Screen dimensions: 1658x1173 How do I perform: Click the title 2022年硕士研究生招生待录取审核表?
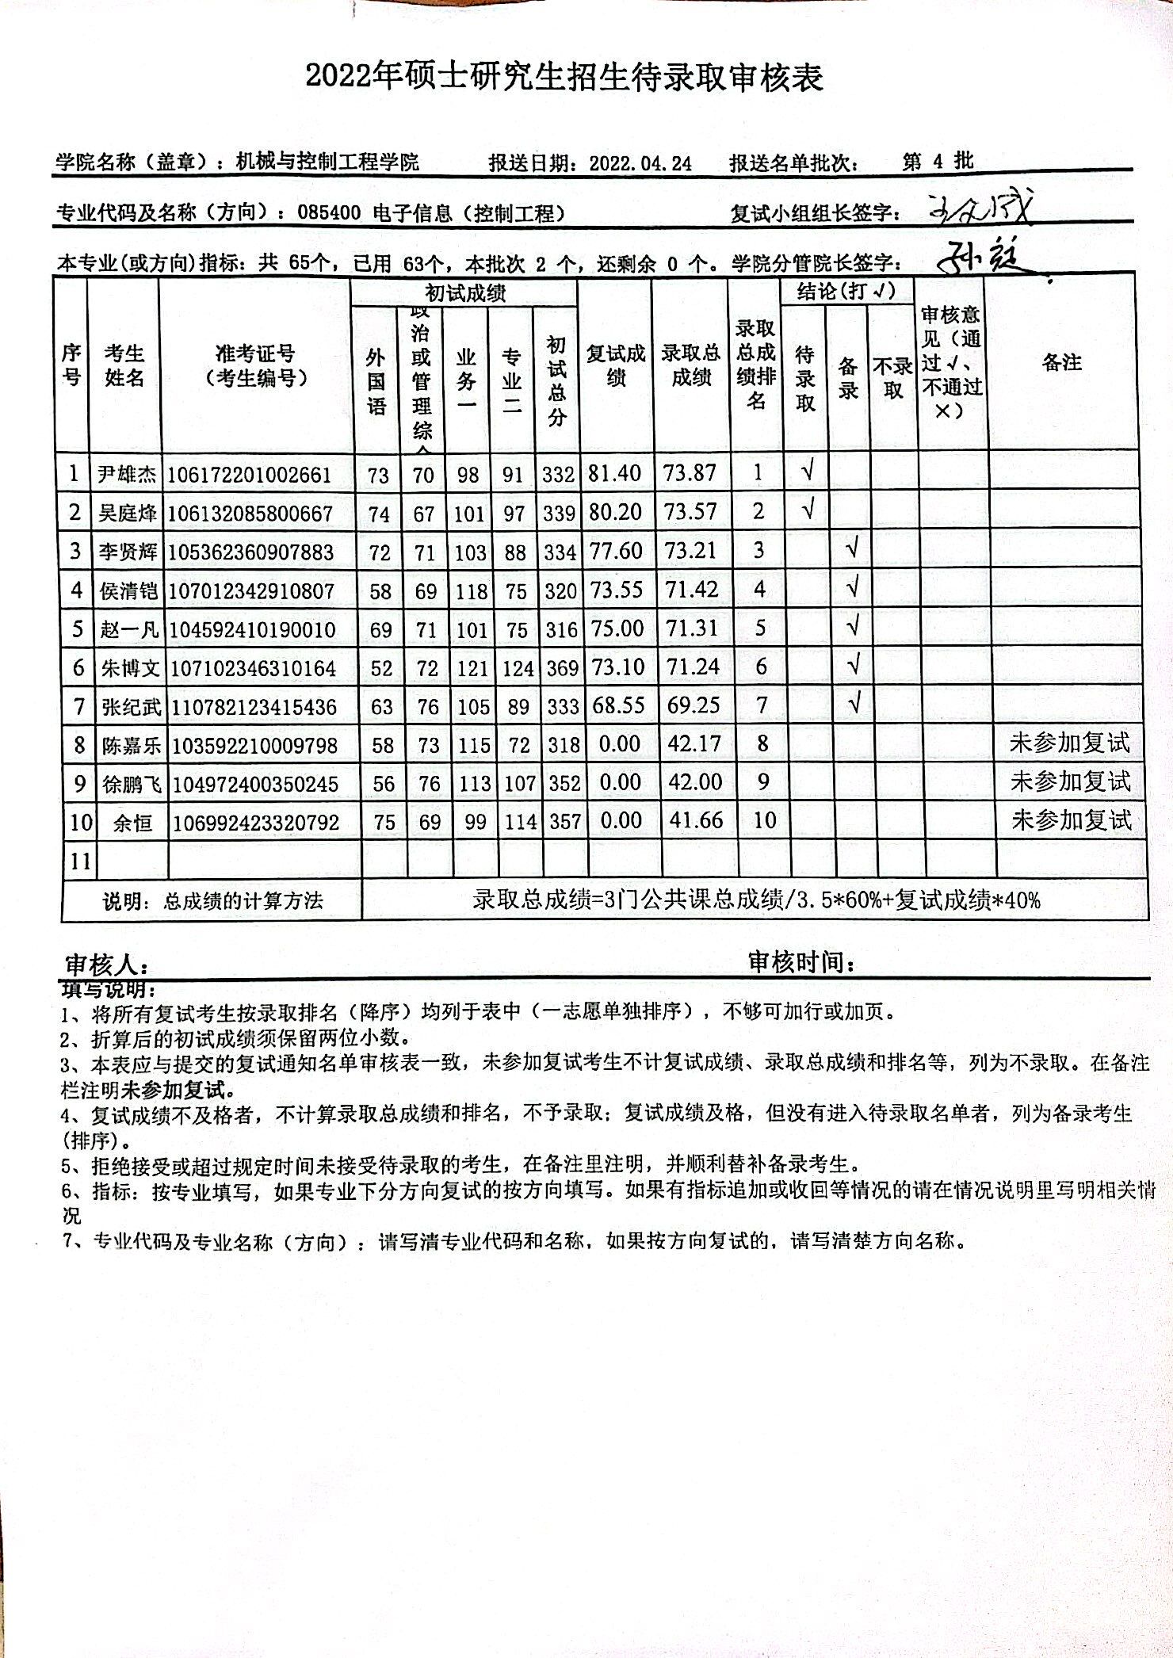564,78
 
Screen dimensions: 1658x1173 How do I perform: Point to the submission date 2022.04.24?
640,164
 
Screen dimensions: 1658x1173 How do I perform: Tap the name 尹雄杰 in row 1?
126,475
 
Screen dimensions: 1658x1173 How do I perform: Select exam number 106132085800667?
250,514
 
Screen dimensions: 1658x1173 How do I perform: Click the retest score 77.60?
615,550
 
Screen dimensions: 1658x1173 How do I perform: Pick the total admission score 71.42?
691,589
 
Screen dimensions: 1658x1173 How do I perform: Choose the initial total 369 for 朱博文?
561,668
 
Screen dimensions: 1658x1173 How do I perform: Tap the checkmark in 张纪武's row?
852,703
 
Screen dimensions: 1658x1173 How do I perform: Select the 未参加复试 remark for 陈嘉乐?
1069,743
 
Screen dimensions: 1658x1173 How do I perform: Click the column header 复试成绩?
615,365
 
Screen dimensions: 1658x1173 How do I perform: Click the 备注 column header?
1061,363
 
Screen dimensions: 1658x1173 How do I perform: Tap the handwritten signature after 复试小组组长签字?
981,209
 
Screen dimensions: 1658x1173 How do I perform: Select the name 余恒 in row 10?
132,823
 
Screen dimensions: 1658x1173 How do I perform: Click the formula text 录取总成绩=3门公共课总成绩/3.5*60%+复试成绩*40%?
756,900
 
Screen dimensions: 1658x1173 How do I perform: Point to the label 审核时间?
801,963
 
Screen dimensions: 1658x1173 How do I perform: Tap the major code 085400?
329,212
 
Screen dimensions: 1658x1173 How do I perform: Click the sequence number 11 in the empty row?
80,861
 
